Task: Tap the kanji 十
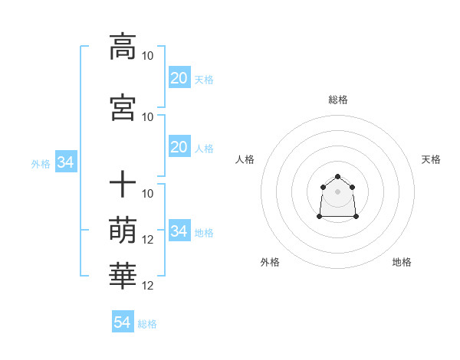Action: pyautogui.click(x=123, y=185)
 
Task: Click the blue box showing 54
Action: pyautogui.click(x=122, y=322)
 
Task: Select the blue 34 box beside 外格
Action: pyautogui.click(x=65, y=163)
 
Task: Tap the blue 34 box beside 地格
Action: pyautogui.click(x=179, y=231)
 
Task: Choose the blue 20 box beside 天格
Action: pyautogui.click(x=179, y=78)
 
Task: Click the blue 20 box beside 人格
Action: pyautogui.click(x=179, y=147)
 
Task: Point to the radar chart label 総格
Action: pyautogui.click(x=337, y=100)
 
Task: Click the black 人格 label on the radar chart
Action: pyautogui.click(x=245, y=159)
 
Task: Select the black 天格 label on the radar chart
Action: pyautogui.click(x=431, y=159)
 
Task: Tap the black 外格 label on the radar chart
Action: pyautogui.click(x=270, y=263)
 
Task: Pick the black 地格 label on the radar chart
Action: pyautogui.click(x=402, y=263)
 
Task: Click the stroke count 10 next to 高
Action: pyautogui.click(x=148, y=56)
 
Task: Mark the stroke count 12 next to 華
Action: pyautogui.click(x=148, y=286)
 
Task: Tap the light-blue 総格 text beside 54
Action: pyautogui.click(x=147, y=324)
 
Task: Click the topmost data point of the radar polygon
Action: pyautogui.click(x=337, y=177)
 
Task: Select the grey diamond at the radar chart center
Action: pyautogui.click(x=337, y=191)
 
